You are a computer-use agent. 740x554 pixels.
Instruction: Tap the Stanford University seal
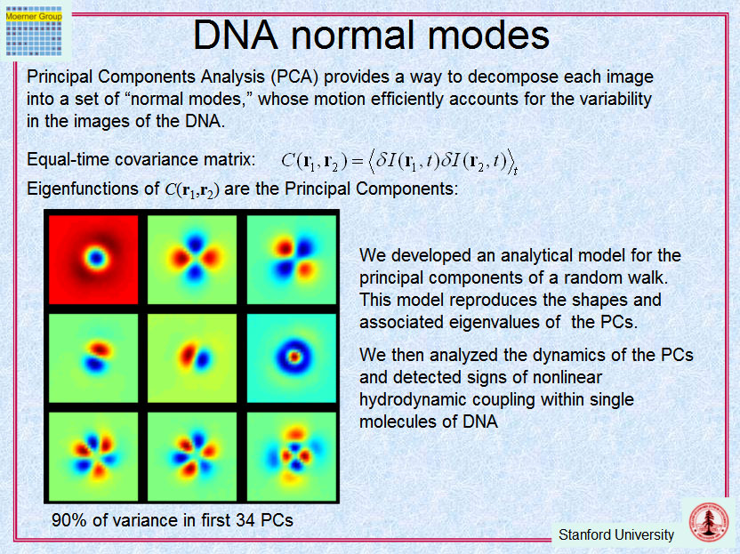point(708,521)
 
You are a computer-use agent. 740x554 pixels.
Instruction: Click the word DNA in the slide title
point(236,35)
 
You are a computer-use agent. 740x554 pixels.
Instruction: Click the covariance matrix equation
point(399,161)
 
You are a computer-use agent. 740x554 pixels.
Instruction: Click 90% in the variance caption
point(69,520)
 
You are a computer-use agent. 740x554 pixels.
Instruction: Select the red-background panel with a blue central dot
point(93,260)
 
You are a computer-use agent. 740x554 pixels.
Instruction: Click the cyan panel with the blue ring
point(291,358)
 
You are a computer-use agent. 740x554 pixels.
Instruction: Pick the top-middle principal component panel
point(192,260)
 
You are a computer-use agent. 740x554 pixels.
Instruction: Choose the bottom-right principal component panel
point(291,456)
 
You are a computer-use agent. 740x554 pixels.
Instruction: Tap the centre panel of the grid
point(192,358)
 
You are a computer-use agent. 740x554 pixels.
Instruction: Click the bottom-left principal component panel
point(93,456)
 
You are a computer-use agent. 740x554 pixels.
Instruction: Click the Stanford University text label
point(615,535)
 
